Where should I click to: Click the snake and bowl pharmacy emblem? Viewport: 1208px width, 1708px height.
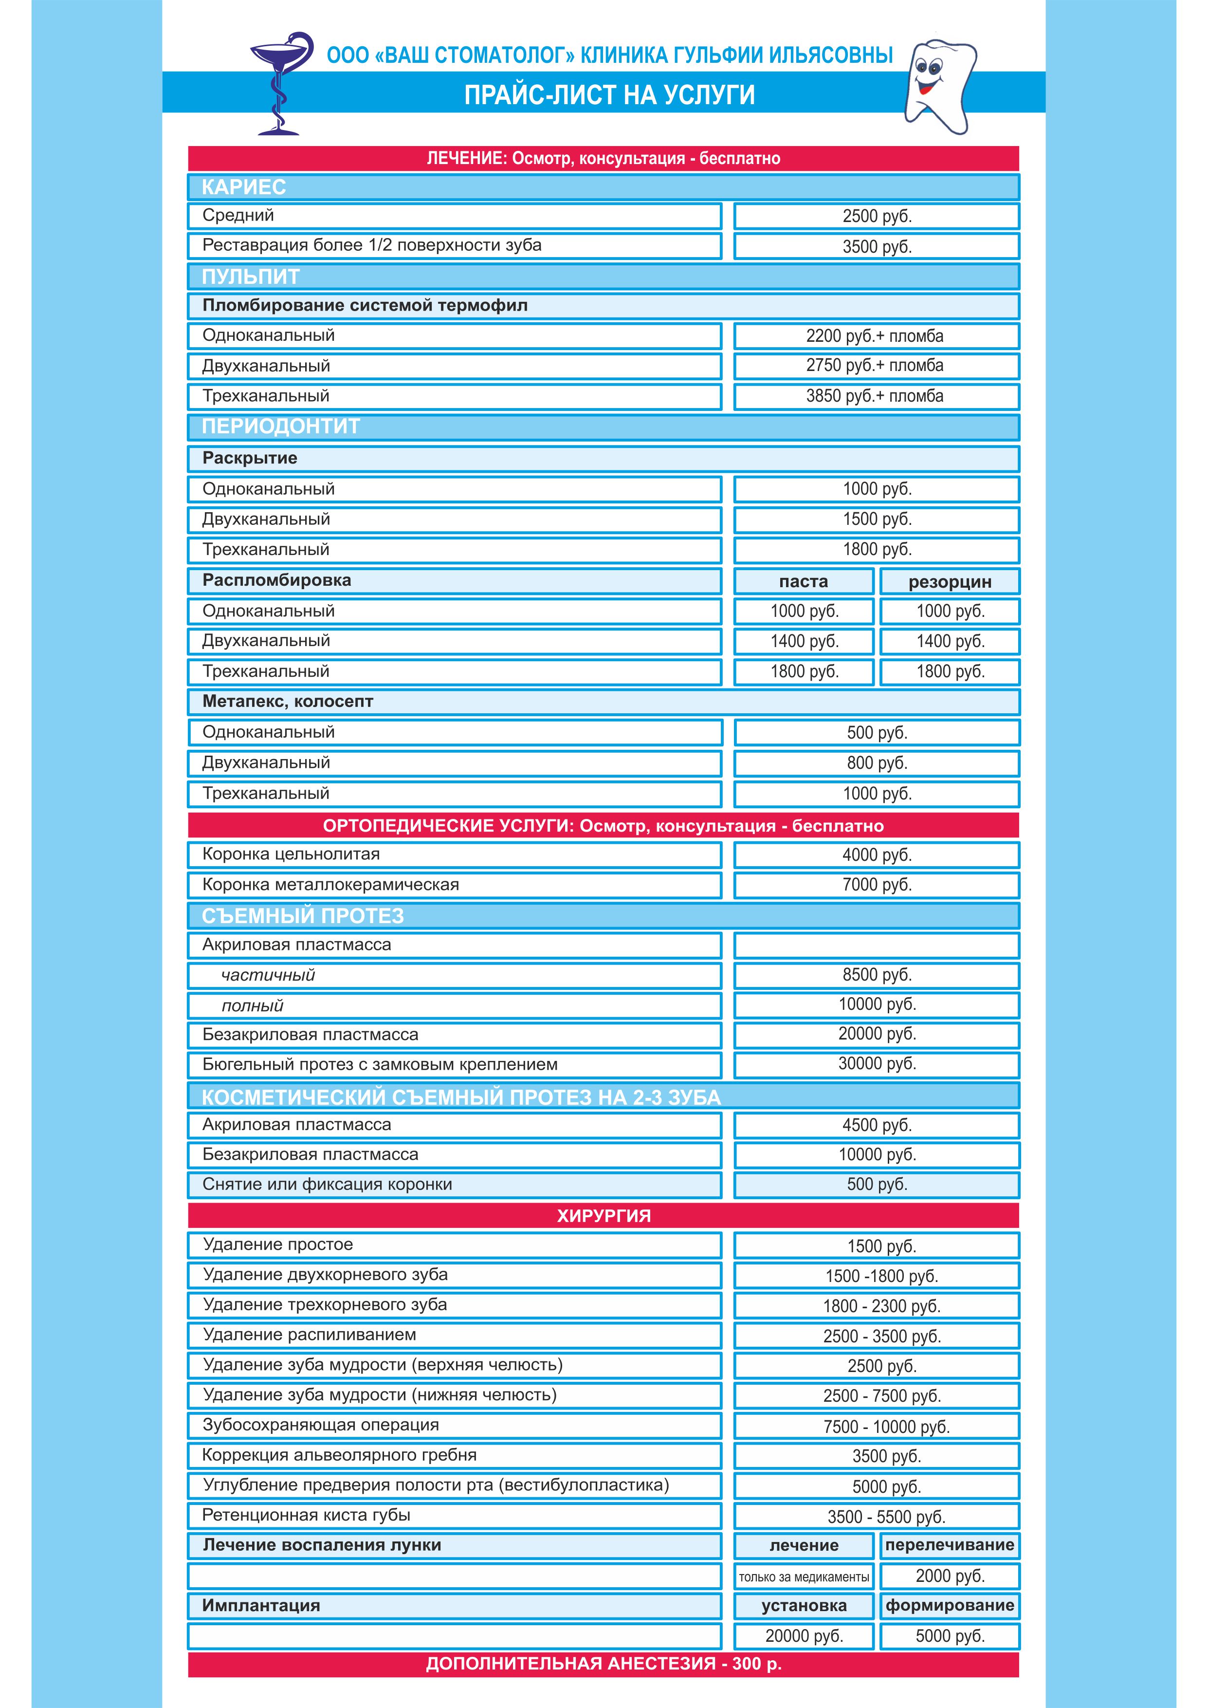pyautogui.click(x=279, y=82)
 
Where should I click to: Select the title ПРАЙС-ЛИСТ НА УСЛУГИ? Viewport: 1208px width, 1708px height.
pyautogui.click(x=609, y=95)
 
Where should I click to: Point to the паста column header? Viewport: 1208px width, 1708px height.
pyautogui.click(x=804, y=582)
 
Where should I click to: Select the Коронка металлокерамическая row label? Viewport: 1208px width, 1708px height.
pyautogui.click(x=330, y=885)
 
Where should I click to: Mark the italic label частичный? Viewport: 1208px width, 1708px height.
pyautogui.click(x=268, y=975)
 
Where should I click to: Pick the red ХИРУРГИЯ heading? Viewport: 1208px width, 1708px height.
pyautogui.click(x=603, y=1216)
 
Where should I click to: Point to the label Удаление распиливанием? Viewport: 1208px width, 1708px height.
pyautogui.click(x=310, y=1335)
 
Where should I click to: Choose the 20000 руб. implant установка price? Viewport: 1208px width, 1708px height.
pyautogui.click(x=804, y=1636)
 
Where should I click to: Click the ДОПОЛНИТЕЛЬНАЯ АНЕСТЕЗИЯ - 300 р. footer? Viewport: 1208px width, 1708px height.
pyautogui.click(x=603, y=1664)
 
